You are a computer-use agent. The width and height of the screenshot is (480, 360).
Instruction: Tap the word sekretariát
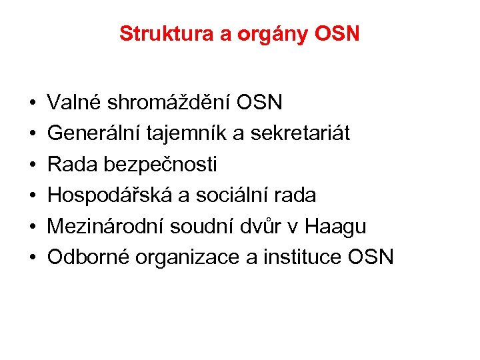[299, 133]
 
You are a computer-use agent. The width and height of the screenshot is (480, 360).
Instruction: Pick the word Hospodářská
[107, 195]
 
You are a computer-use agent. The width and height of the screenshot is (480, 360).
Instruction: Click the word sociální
[223, 195]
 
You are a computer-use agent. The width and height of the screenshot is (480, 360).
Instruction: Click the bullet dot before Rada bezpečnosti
[32, 165]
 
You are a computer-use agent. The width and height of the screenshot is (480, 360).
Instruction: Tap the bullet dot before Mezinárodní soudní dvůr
[32, 226]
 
